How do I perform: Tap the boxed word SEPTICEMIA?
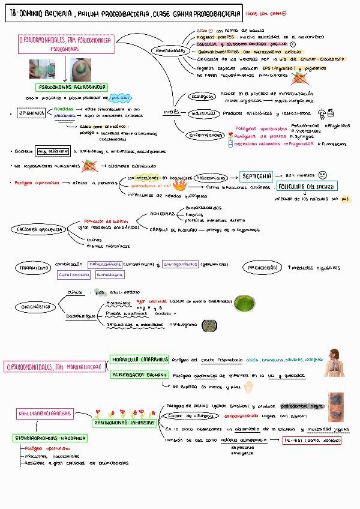point(257,176)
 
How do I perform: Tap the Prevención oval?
point(262,267)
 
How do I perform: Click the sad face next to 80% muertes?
point(323,175)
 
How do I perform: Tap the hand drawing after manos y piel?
point(250,386)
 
